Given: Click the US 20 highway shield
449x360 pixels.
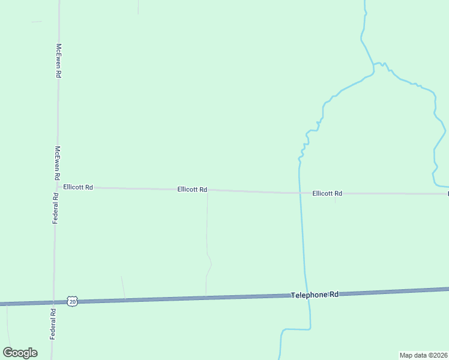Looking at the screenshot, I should pos(72,302).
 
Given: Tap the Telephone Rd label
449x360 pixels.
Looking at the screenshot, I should pos(315,295).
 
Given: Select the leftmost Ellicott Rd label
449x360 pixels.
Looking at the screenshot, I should pos(78,187).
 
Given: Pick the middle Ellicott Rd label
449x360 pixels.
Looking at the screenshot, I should pos(192,190).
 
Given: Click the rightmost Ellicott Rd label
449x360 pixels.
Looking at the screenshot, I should pos(327,193).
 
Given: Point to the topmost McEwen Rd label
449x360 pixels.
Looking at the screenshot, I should pos(59,60).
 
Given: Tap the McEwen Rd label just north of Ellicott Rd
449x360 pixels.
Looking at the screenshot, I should pos(57,163).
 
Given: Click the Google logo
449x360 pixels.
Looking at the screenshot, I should pos(20,353).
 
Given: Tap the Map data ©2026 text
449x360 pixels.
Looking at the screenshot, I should pos(424,355).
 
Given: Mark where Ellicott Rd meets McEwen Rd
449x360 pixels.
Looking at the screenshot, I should pos(56,187).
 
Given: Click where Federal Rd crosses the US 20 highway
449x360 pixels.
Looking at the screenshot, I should pos(54,302).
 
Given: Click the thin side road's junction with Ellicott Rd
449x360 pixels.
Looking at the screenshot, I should pos(208,191).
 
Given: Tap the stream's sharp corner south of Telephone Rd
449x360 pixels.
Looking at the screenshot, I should pos(310,328).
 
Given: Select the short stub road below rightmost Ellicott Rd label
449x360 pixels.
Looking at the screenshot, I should pos(335,198).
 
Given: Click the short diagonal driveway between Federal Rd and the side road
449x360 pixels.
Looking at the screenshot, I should pos(123,287).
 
